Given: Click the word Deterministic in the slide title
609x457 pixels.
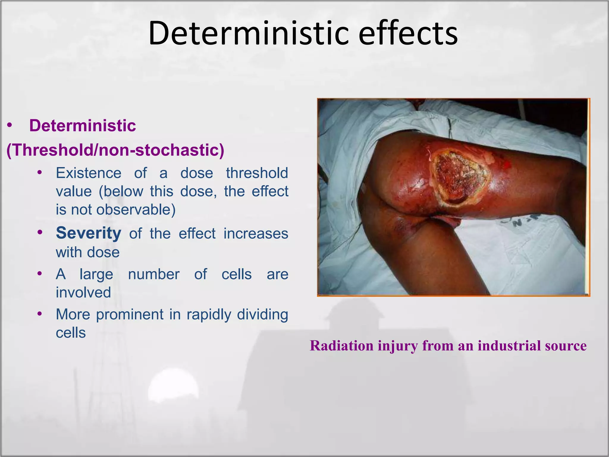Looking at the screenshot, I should pyautogui.click(x=248, y=33).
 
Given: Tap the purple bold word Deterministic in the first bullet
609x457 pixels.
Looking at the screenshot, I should pyautogui.click(x=82, y=126).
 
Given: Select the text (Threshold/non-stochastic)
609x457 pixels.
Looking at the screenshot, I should pyautogui.click(x=115, y=150).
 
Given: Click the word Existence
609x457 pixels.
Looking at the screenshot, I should pyautogui.click(x=89, y=173).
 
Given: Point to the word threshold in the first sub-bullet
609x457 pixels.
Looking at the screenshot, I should pyautogui.click(x=257, y=173).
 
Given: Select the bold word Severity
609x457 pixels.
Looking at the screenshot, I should pyautogui.click(x=89, y=233).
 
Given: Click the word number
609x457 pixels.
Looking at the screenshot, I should pyautogui.click(x=154, y=274).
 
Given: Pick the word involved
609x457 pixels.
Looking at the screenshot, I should pyautogui.click(x=84, y=292).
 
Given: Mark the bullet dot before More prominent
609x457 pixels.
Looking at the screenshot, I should pyautogui.click(x=40, y=314).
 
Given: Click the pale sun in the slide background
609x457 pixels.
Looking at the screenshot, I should pyautogui.click(x=173, y=388).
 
